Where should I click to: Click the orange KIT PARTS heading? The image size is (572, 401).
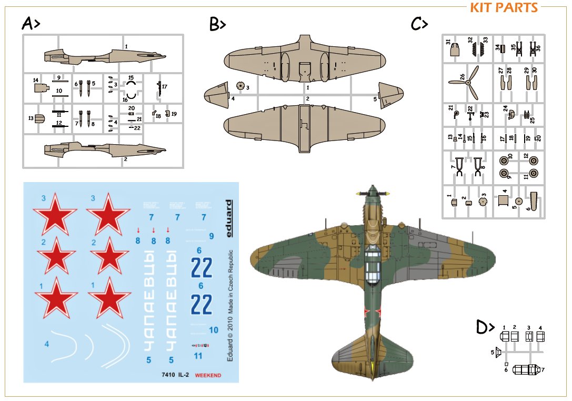click(504, 8)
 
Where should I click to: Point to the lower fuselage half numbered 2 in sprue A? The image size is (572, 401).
click(105, 149)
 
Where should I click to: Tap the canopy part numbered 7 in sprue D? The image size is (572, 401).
click(526, 369)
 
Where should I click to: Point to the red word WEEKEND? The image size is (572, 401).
click(208, 375)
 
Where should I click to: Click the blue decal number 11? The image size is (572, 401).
click(198, 356)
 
